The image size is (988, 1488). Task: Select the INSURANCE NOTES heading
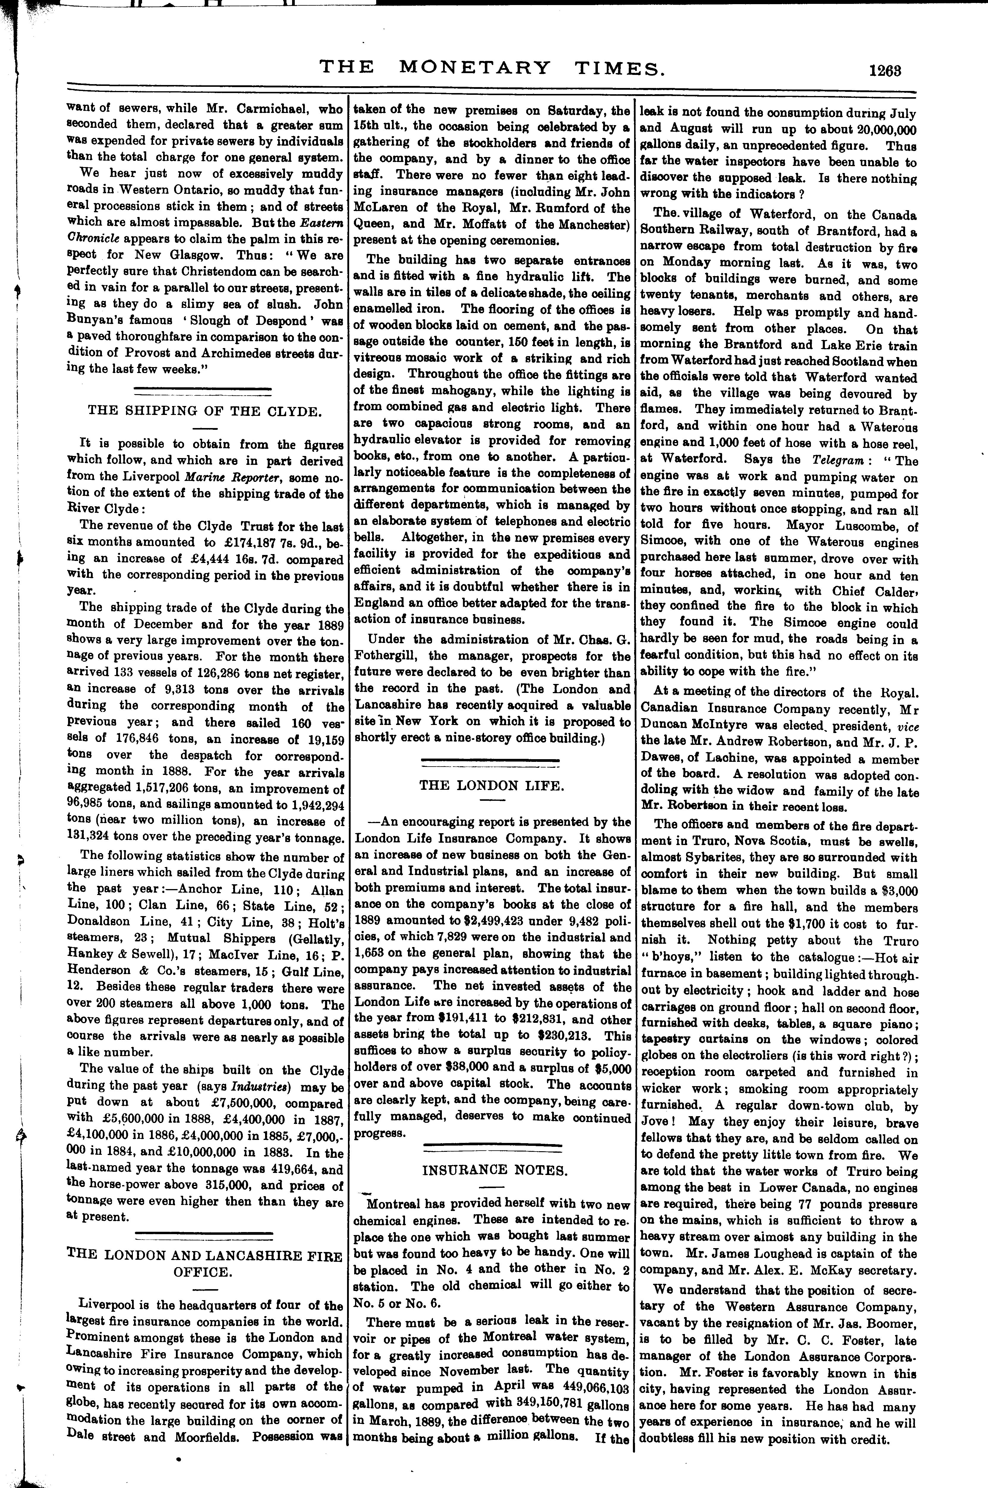pos(494,1170)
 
